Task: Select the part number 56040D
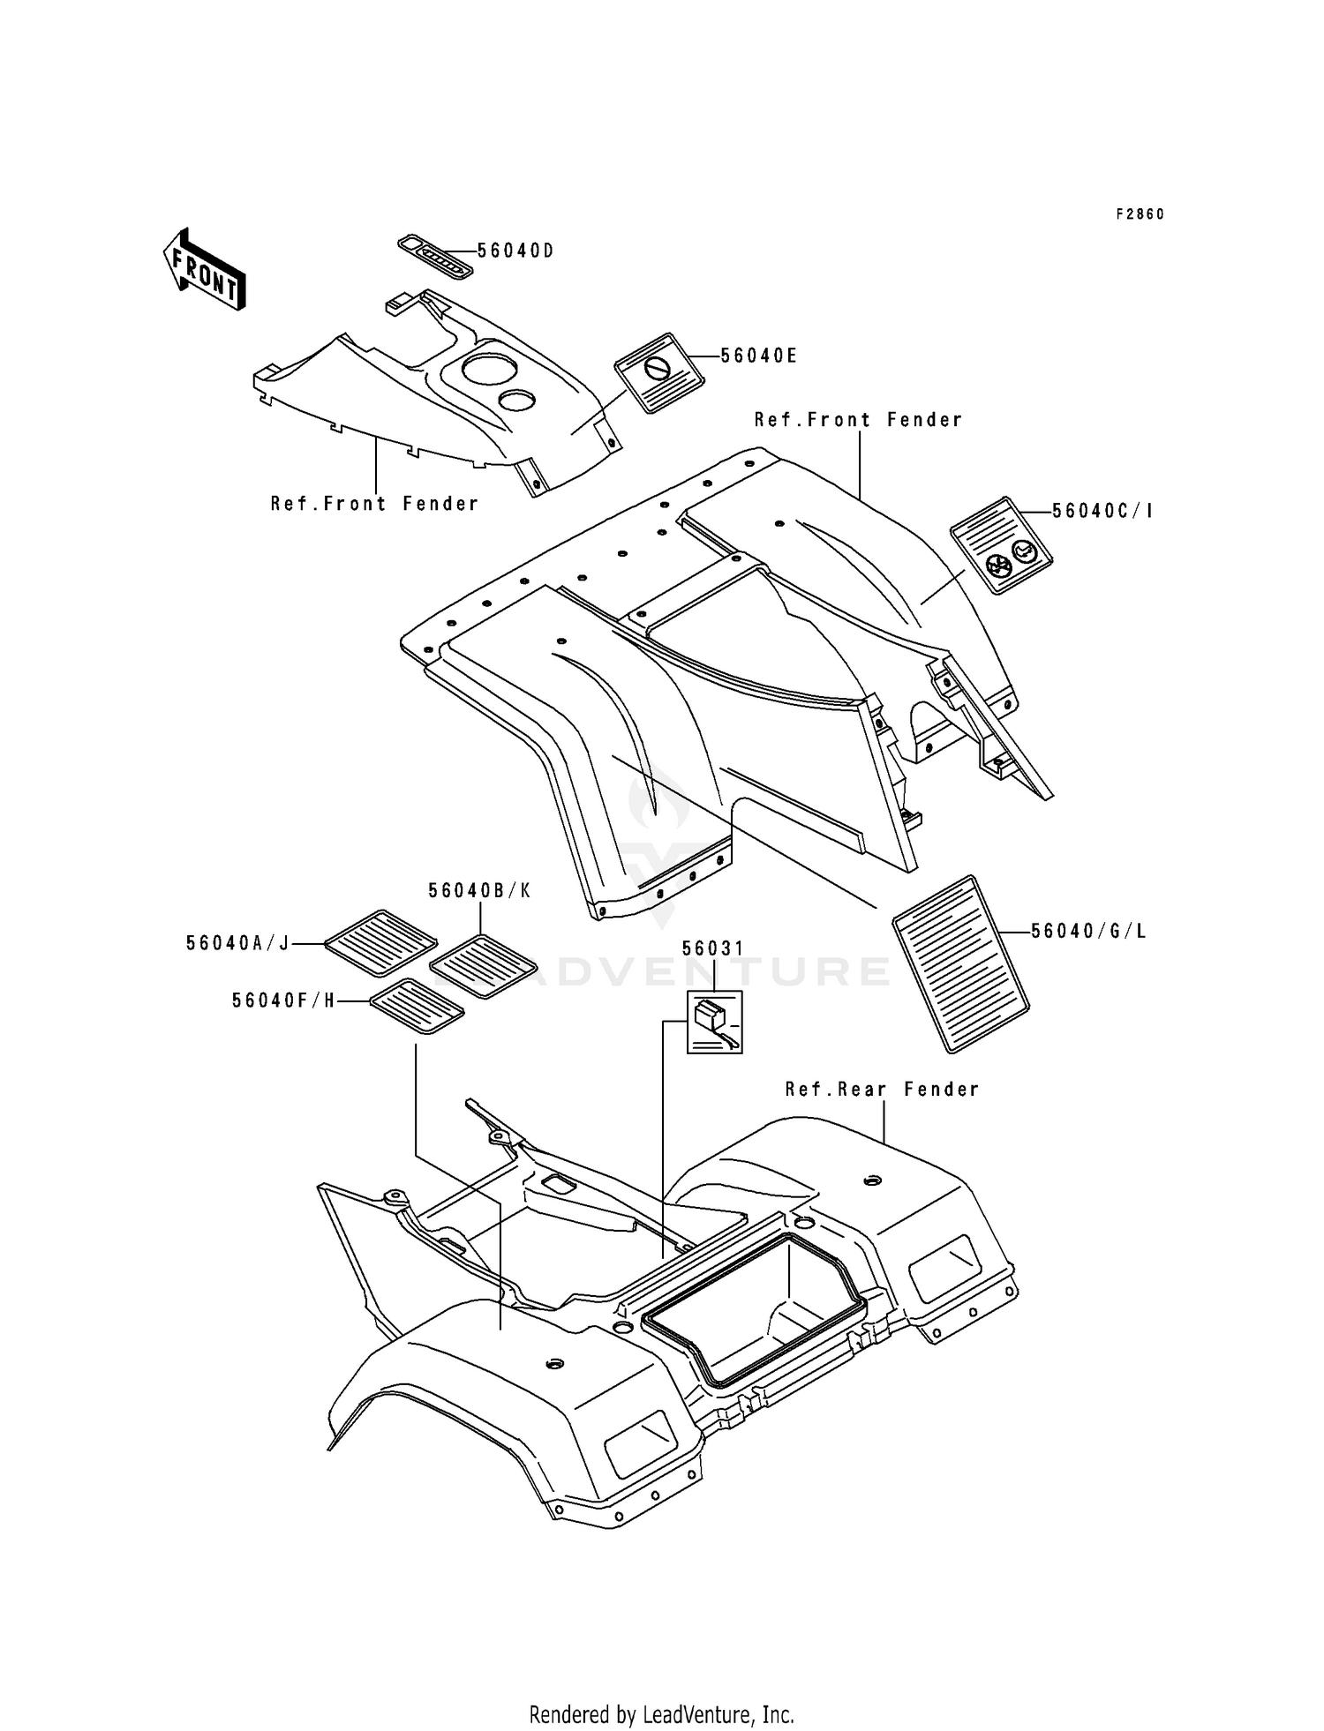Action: coord(515,251)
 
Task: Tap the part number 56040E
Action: coord(759,356)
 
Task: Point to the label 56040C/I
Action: coord(1102,511)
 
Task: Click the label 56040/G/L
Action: coord(1088,931)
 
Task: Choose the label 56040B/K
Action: coord(480,891)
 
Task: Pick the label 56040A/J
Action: coord(238,943)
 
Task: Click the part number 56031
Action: coord(713,948)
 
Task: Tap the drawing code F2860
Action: coord(1140,214)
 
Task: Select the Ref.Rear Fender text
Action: coord(883,1090)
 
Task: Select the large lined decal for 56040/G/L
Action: coord(961,963)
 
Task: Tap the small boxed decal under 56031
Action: coord(715,1022)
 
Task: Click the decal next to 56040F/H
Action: coord(417,1006)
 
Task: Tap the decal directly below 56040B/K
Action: coord(485,966)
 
